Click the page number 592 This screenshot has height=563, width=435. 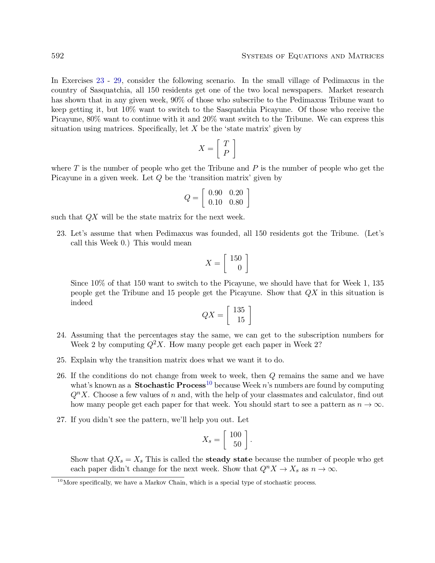point(57,56)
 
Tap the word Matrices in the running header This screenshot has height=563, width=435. point(366,56)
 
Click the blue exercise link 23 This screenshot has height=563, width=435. point(100,81)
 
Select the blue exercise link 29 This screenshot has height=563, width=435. point(117,81)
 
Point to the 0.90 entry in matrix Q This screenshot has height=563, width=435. point(215,193)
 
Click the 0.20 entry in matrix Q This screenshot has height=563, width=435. point(236,193)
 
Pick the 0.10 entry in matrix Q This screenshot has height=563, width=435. point(215,202)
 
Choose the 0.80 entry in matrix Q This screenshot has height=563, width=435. point(236,202)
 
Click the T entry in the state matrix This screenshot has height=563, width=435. point(226,144)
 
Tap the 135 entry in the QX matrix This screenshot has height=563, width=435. point(239,310)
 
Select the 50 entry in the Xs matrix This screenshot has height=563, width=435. point(237,444)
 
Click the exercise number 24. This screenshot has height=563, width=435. point(61,335)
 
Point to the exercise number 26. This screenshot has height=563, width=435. point(61,376)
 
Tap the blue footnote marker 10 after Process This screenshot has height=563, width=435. point(209,383)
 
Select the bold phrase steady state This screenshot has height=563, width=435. point(229,459)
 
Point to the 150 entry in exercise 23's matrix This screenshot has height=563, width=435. point(236,258)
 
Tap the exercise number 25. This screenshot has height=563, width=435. point(61,360)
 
